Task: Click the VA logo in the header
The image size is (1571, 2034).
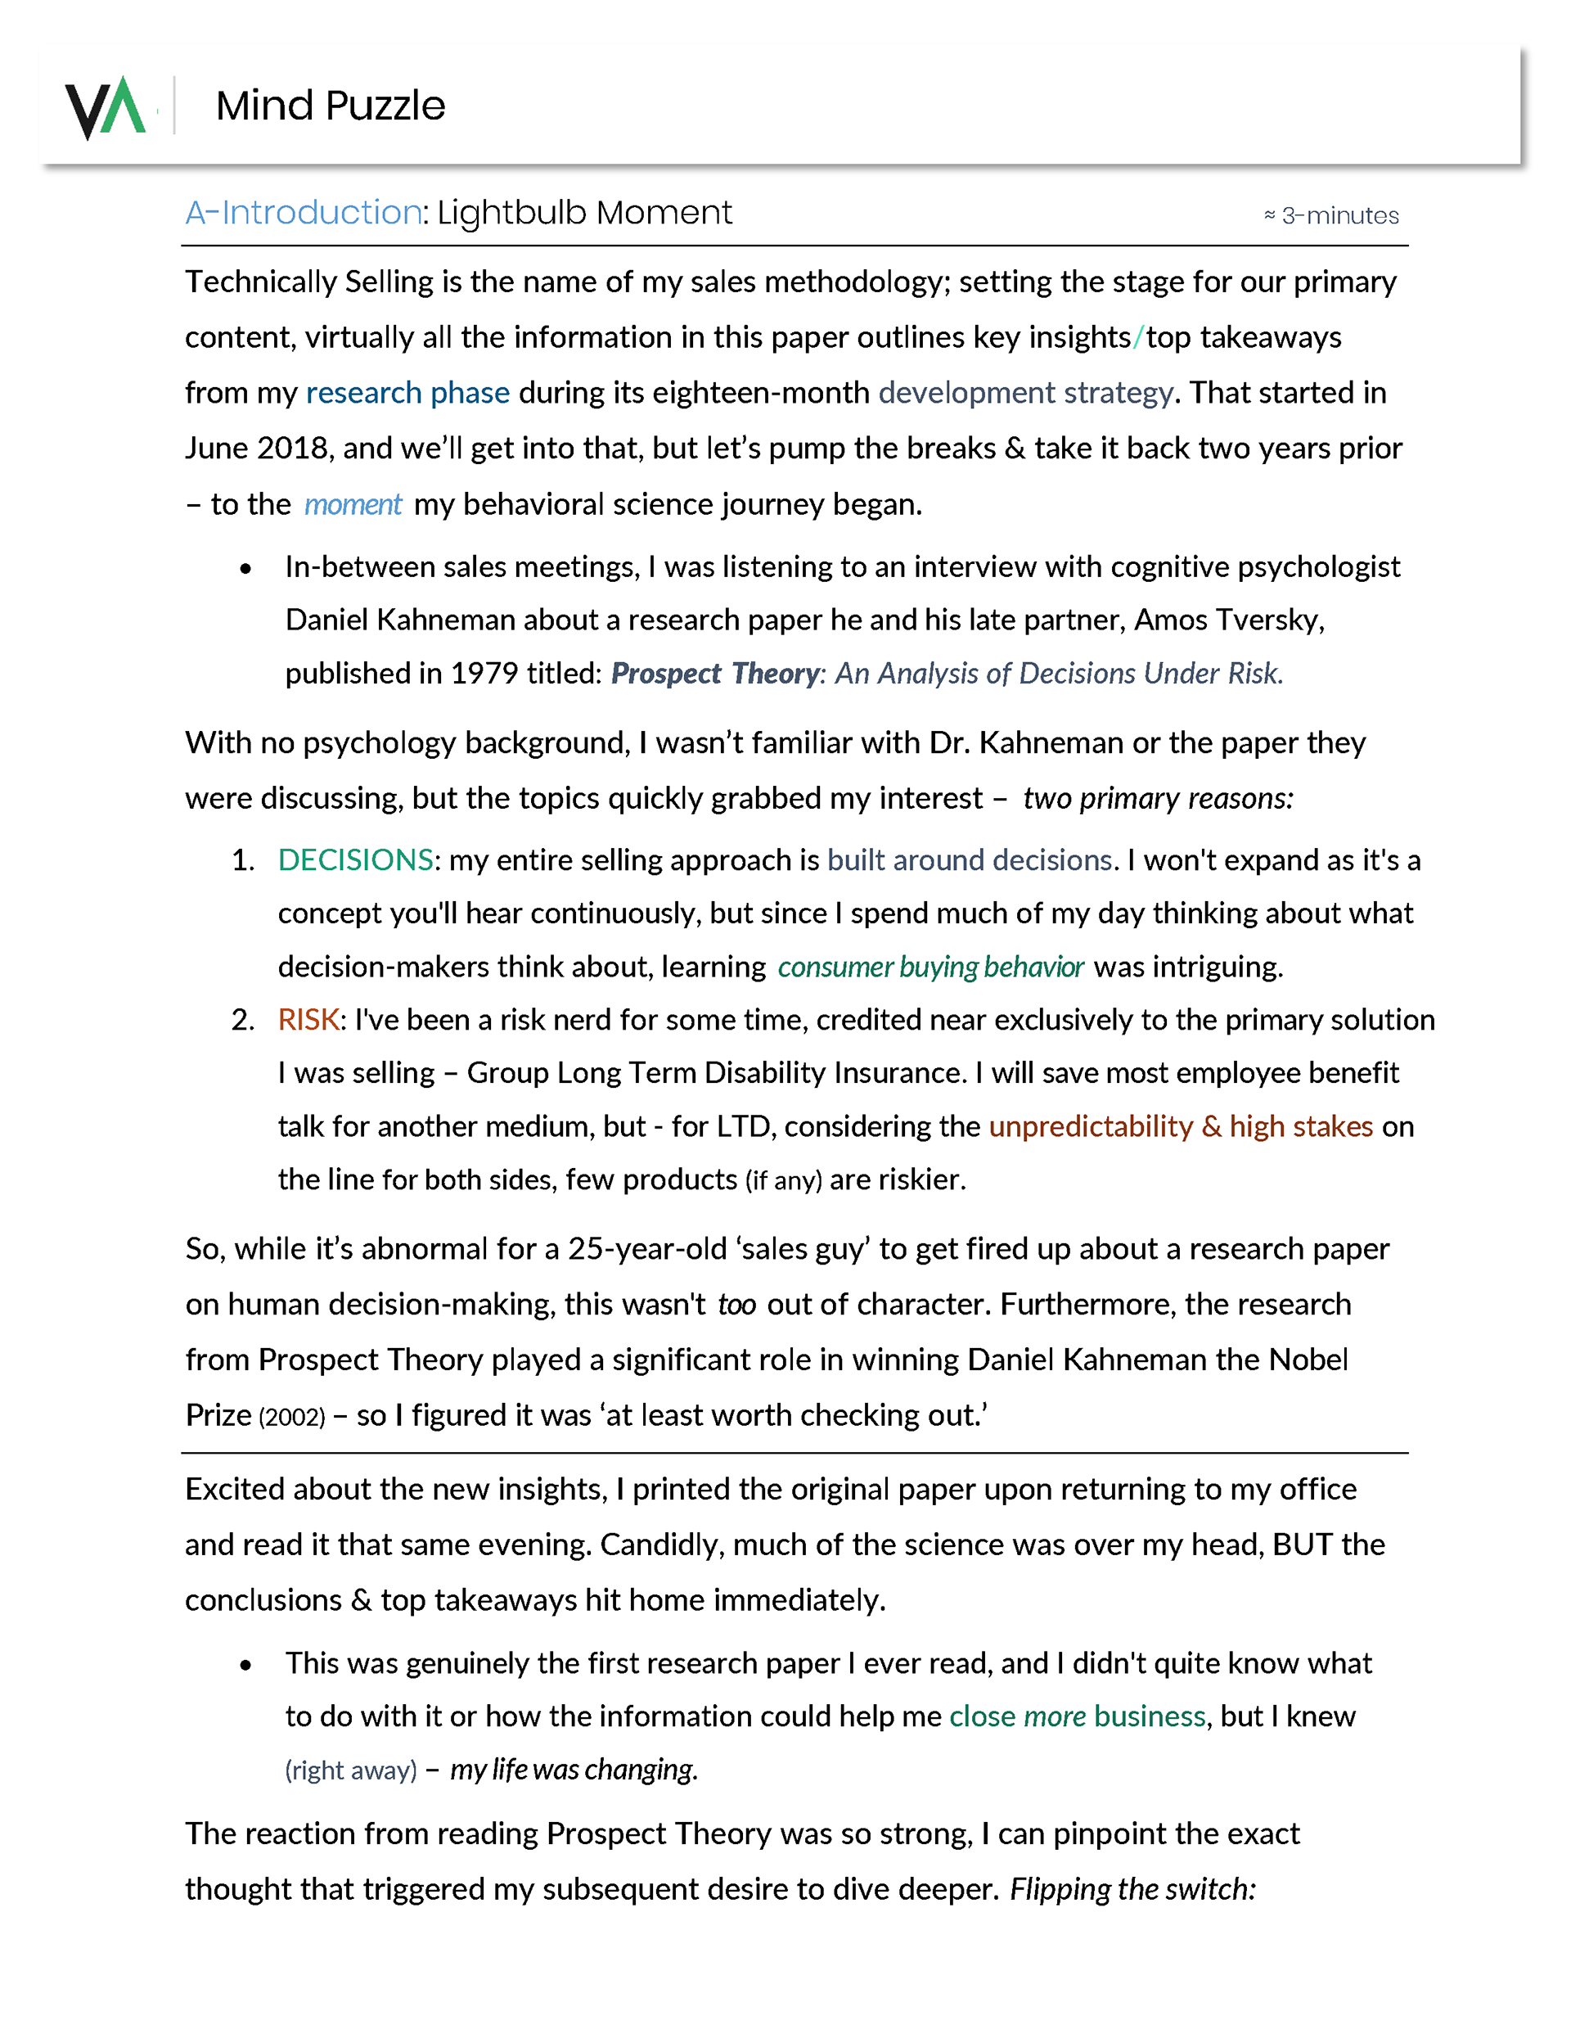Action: [104, 107]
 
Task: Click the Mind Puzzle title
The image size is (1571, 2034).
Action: [331, 106]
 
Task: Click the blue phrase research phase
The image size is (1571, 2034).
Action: [407, 393]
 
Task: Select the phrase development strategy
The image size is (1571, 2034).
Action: [1025, 393]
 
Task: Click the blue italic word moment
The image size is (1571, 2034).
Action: [352, 505]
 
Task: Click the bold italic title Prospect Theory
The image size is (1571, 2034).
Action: [715, 674]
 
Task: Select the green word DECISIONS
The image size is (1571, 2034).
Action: [355, 859]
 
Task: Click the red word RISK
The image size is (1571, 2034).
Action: [308, 1020]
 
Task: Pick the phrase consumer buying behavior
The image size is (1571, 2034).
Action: [930, 967]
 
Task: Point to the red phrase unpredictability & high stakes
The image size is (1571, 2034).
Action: [1180, 1127]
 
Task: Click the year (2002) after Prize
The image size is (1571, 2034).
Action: [291, 1418]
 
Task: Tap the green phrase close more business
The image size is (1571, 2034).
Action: [1077, 1716]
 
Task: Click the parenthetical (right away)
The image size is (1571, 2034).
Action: [350, 1770]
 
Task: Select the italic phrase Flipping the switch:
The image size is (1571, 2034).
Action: [1132, 1889]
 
